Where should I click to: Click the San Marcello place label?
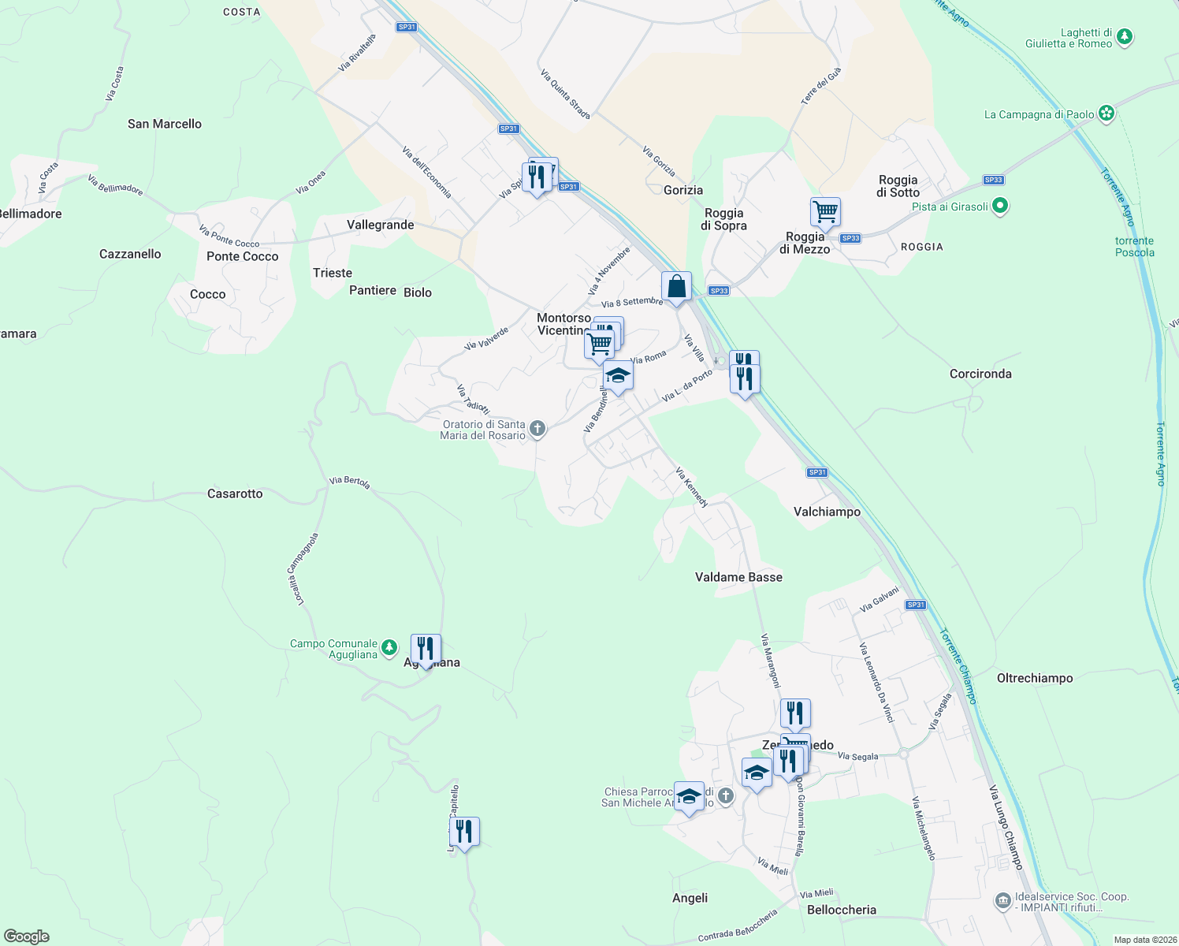point(165,124)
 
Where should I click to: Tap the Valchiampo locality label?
point(827,512)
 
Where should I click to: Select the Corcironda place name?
point(980,374)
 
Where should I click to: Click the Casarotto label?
point(235,493)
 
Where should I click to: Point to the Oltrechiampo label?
point(1035,678)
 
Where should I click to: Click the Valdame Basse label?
point(738,577)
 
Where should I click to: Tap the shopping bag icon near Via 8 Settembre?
point(676,287)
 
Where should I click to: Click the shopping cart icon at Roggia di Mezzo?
point(825,211)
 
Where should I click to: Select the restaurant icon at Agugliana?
point(426,649)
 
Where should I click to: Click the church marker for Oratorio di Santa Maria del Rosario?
point(537,429)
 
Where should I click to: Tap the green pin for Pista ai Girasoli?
point(1000,207)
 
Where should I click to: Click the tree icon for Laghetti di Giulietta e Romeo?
point(1125,36)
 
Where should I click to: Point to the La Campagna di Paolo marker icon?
point(1106,114)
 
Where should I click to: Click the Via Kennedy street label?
point(692,487)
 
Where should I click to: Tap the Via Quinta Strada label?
point(565,94)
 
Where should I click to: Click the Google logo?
point(27,936)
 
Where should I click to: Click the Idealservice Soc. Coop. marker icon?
point(1002,900)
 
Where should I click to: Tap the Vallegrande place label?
point(380,225)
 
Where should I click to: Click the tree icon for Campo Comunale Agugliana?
point(389,648)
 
